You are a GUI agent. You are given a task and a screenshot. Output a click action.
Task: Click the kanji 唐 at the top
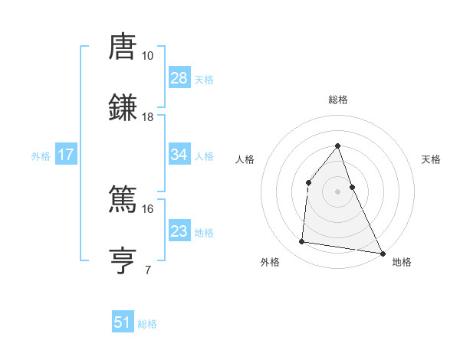coord(123,47)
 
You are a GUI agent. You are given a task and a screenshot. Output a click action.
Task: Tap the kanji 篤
coord(123,199)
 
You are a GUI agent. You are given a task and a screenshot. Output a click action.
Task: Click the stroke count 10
coord(147,56)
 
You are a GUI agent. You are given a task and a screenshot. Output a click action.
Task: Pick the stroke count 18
coord(147,117)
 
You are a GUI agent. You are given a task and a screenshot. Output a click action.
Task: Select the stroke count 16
coord(147,208)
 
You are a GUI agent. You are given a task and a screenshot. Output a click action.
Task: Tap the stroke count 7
coord(147,270)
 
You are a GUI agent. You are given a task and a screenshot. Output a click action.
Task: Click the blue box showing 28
coord(179,78)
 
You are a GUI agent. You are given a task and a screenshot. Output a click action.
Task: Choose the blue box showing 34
coord(179,155)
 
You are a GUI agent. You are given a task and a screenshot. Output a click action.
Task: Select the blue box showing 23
coord(179,231)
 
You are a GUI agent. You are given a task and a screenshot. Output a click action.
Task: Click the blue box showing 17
coord(66,155)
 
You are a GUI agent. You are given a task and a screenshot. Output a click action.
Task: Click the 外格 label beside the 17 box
coord(41,155)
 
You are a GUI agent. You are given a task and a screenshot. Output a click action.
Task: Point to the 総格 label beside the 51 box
coord(147,324)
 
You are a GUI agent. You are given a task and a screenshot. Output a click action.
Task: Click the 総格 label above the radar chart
coord(337,100)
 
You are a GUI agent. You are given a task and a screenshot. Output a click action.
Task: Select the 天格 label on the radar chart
coord(432,159)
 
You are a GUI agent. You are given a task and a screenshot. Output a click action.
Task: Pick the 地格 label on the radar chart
coord(402,262)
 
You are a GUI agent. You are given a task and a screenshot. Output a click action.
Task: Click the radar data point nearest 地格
coord(382,253)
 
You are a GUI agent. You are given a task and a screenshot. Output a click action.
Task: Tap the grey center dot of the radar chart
coord(337,191)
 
